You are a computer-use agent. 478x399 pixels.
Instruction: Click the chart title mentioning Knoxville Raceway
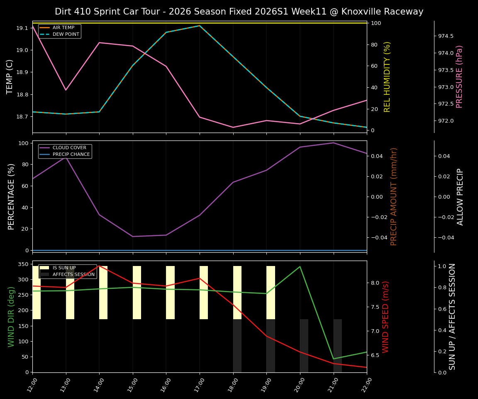tap(239, 12)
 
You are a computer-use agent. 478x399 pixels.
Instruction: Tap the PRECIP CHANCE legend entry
tap(71, 155)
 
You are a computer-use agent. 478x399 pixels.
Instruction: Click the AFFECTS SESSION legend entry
tap(73, 275)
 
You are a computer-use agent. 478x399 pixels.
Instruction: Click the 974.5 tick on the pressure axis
tap(446, 36)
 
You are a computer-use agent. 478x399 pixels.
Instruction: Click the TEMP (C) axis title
tap(10, 76)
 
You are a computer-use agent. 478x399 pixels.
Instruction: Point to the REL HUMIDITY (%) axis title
tap(387, 76)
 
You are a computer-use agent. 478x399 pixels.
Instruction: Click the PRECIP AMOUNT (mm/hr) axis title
tap(394, 196)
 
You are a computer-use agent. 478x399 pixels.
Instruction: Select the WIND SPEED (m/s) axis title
tap(385, 316)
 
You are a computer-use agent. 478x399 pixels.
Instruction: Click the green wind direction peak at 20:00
tap(300, 267)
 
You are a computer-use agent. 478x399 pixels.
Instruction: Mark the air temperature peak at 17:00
tap(200, 26)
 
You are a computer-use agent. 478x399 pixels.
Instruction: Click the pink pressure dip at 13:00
tap(66, 90)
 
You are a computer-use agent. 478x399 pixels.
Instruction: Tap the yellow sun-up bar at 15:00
tap(137, 293)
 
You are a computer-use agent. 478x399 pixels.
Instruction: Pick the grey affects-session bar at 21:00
tap(338, 345)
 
